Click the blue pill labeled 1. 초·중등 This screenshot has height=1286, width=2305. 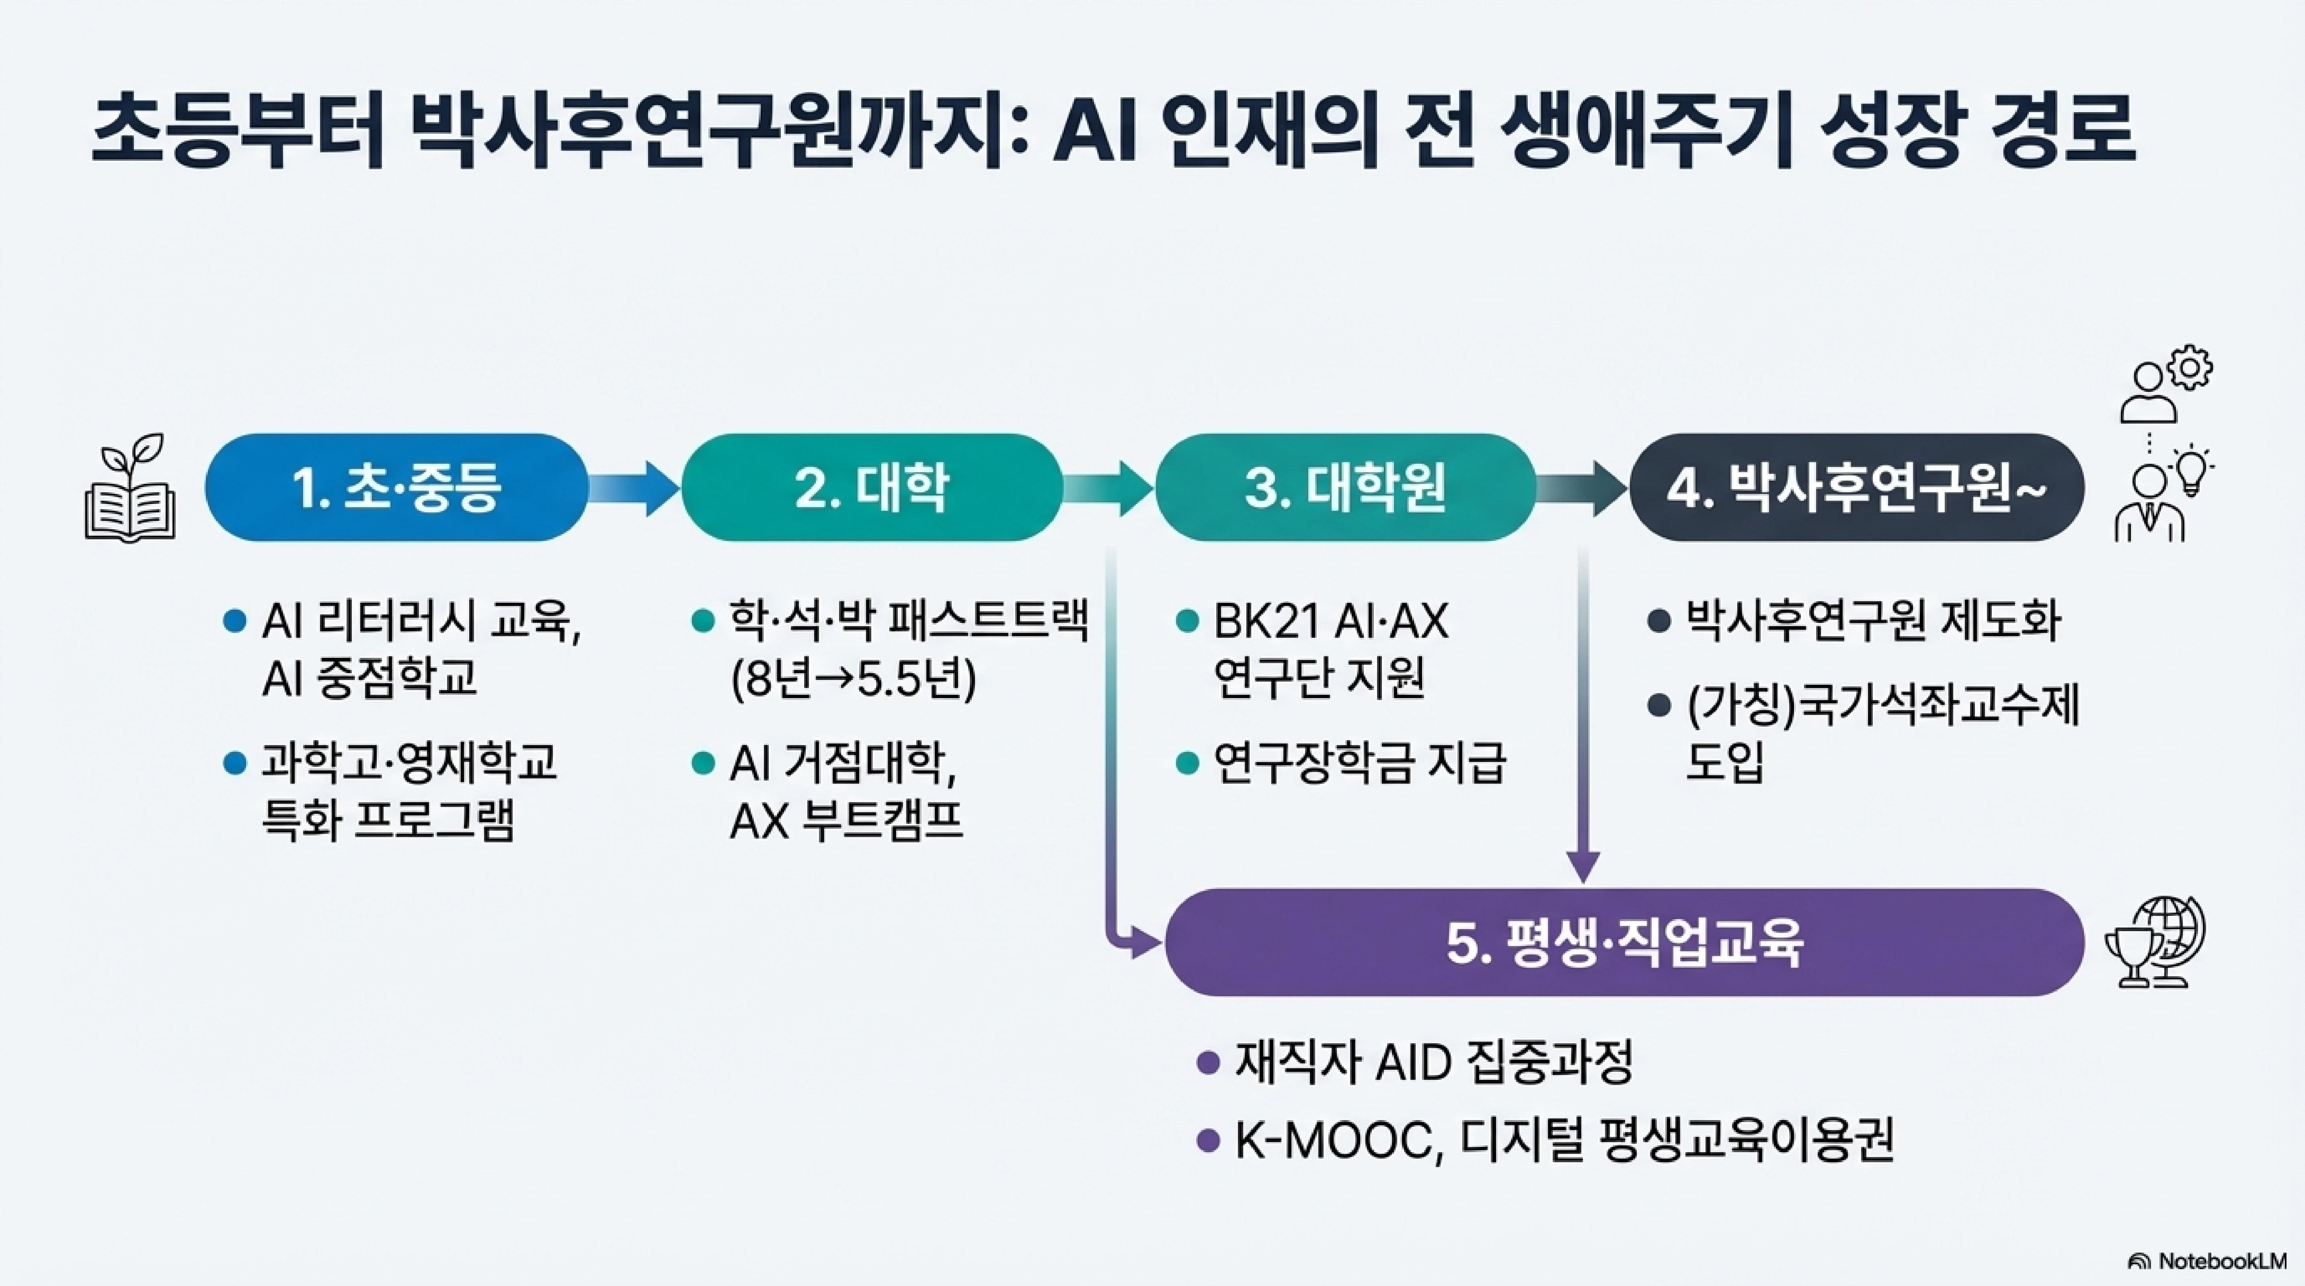point(396,487)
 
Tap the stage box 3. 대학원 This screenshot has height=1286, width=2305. point(1345,487)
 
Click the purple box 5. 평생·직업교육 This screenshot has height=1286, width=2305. point(1623,942)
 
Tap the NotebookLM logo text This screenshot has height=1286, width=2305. point(2221,1261)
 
